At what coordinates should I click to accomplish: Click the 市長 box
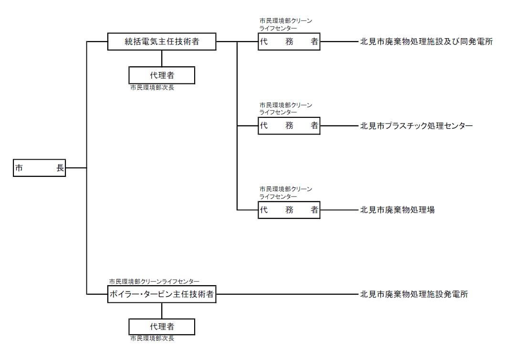click(39, 168)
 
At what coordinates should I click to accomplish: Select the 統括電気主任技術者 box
click(162, 42)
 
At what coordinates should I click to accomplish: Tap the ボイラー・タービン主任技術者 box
click(162, 294)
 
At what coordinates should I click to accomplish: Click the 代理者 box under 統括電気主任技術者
click(162, 75)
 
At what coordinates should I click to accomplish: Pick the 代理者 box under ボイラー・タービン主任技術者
click(162, 327)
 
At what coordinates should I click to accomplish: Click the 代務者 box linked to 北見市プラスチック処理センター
click(289, 126)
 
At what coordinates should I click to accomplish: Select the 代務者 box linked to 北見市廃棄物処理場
click(289, 210)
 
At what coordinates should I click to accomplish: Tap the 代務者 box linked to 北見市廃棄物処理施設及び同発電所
click(289, 42)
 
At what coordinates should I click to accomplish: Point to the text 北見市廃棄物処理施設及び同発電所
click(426, 42)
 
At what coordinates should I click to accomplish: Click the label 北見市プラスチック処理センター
click(416, 126)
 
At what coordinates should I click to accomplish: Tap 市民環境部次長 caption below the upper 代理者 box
click(152, 88)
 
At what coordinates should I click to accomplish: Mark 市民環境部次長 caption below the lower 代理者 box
click(152, 339)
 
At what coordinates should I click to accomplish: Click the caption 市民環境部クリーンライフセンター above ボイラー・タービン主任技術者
click(154, 281)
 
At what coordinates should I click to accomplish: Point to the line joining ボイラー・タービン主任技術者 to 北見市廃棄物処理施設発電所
click(286, 294)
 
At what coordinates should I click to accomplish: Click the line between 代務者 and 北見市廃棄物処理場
click(339, 210)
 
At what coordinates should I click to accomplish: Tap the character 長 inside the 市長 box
click(60, 168)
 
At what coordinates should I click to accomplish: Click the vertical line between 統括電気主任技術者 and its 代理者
click(162, 58)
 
